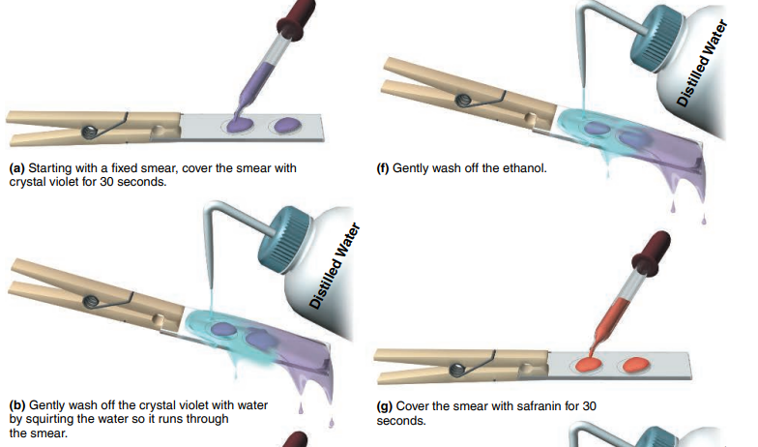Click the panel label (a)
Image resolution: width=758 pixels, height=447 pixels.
tap(17, 168)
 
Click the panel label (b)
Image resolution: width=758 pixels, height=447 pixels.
tap(17, 405)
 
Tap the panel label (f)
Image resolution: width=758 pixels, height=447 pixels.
tap(383, 168)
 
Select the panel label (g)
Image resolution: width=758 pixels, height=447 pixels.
tap(385, 406)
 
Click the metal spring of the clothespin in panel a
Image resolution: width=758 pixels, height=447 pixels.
tap(90, 132)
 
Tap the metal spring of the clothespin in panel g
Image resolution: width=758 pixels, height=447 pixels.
tap(457, 370)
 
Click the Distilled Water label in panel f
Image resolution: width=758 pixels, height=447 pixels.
tap(702, 63)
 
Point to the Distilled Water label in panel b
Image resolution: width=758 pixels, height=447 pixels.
tap(335, 265)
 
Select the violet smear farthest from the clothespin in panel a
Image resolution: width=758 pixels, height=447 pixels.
tap(287, 126)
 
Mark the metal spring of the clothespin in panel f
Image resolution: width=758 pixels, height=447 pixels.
tap(464, 99)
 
